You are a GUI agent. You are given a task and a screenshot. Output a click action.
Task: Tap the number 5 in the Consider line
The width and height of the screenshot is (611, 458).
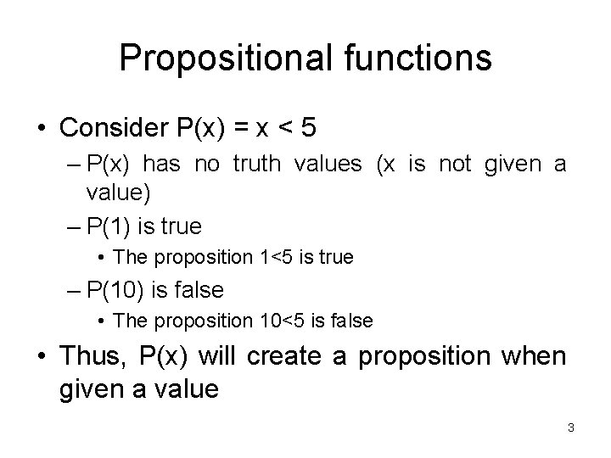(x=309, y=128)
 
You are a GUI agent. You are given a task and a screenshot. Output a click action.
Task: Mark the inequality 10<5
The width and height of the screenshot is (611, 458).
(x=292, y=321)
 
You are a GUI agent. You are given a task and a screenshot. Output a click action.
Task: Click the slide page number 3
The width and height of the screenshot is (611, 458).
(x=571, y=428)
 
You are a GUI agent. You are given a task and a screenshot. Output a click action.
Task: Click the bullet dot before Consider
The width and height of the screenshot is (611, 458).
(x=42, y=129)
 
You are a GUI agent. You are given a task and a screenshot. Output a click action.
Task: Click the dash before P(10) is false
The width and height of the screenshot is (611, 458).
(x=72, y=291)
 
